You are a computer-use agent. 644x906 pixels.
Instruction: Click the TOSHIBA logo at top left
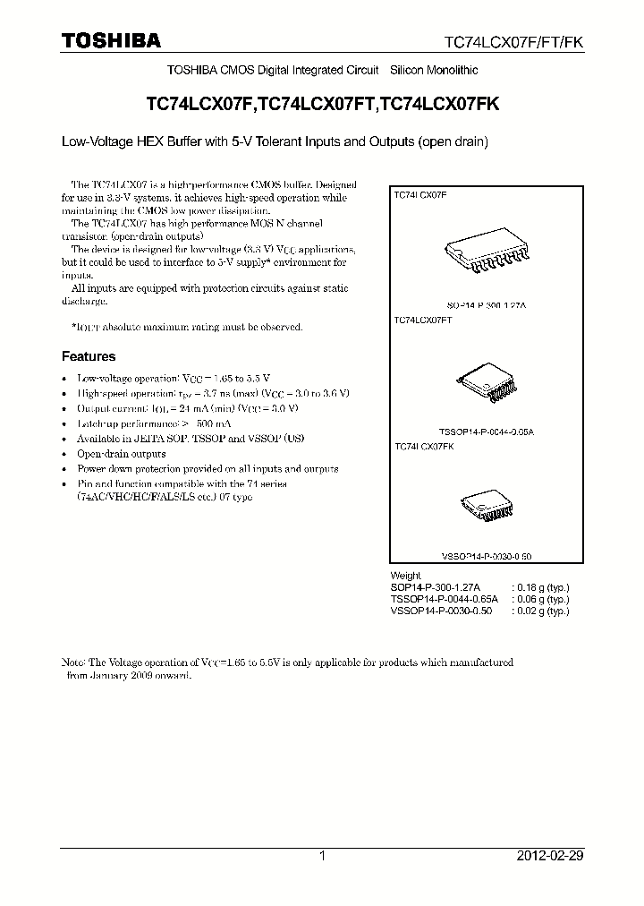coord(110,40)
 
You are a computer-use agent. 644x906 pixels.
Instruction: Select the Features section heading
coord(89,356)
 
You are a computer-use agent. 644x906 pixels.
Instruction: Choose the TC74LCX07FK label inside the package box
coord(424,446)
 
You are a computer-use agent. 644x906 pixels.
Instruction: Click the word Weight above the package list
coord(405,576)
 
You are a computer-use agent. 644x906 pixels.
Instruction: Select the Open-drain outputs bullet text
coord(122,454)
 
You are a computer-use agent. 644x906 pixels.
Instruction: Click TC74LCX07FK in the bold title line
coord(440,104)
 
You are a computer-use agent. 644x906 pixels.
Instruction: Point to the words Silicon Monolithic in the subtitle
coord(434,70)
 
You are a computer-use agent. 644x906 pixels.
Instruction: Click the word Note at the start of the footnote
coord(72,662)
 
